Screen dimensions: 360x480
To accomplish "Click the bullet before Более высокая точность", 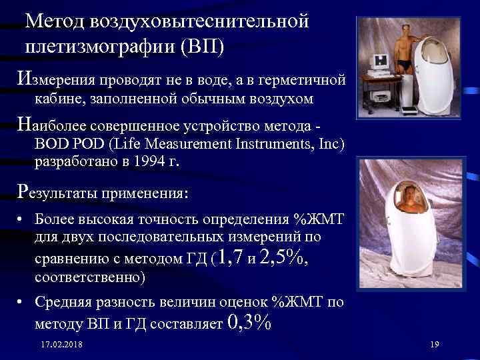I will pyautogui.click(x=22, y=219).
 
